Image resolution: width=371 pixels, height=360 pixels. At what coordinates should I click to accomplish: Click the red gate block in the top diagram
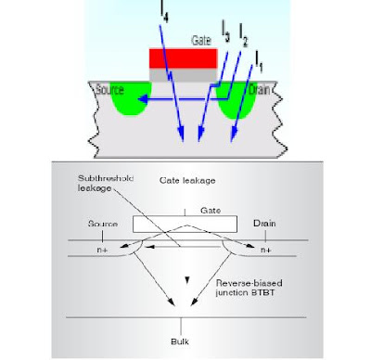click(184, 58)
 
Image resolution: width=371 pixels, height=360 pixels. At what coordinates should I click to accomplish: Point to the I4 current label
click(163, 11)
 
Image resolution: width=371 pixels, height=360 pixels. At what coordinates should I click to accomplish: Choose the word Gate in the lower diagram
click(186, 212)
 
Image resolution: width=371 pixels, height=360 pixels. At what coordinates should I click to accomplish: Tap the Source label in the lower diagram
click(102, 225)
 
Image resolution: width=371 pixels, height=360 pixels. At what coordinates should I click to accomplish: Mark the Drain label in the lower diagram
click(264, 225)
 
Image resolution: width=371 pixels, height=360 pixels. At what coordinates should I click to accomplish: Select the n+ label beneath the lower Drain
click(265, 249)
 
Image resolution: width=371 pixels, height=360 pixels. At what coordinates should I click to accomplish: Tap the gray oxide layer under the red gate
click(184, 76)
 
